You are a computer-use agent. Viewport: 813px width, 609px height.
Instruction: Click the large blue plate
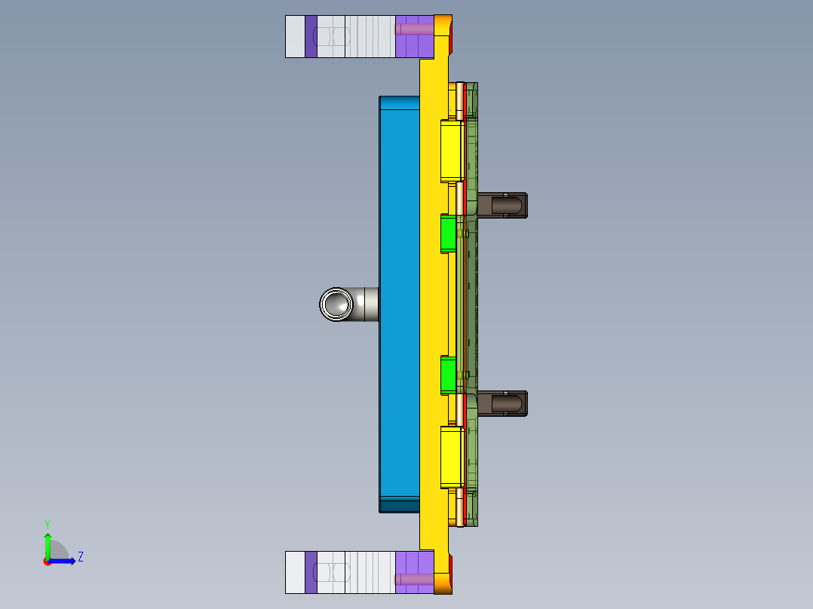(x=399, y=301)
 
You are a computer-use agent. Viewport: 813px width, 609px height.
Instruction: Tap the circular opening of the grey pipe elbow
(x=336, y=304)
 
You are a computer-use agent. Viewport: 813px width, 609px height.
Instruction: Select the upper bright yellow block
(x=451, y=151)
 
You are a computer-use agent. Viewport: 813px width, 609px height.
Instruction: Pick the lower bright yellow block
(x=451, y=457)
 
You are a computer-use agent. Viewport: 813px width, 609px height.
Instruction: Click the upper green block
(x=448, y=233)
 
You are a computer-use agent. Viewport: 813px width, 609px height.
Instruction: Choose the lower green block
(x=448, y=375)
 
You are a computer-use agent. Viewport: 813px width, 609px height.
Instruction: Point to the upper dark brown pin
(x=503, y=204)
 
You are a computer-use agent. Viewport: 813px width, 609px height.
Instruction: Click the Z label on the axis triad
(x=80, y=557)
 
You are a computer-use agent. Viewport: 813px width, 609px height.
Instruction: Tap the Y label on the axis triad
(x=47, y=523)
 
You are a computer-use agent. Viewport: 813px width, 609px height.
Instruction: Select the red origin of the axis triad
(x=47, y=562)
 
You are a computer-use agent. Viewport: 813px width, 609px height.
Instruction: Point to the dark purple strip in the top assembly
(x=311, y=36)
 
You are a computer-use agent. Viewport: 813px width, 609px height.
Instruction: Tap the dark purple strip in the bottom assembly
(x=311, y=572)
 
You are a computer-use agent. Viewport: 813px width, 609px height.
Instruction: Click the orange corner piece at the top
(x=443, y=36)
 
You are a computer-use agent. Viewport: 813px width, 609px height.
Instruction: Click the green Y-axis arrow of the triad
(x=48, y=543)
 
